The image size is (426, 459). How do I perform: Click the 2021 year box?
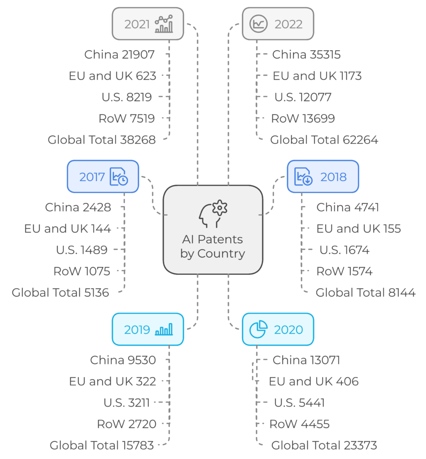[148, 24]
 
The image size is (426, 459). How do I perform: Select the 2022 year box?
[278, 24]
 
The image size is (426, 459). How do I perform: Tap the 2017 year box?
[103, 177]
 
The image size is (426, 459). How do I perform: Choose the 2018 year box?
[323, 177]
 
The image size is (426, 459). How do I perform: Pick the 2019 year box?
[148, 329]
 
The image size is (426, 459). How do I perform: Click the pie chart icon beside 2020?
[258, 329]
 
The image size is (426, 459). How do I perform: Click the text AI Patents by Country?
[213, 247]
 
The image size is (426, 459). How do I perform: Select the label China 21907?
[119, 54]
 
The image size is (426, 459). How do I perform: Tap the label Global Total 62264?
[324, 140]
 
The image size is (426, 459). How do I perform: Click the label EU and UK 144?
[68, 229]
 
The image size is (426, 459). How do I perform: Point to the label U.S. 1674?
[344, 250]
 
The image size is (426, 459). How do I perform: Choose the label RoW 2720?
[127, 424]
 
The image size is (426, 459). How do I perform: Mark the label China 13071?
[306, 360]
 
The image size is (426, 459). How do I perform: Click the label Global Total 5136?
[60, 293]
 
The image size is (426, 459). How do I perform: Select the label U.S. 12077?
[303, 97]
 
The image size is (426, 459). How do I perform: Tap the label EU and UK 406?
[314, 381]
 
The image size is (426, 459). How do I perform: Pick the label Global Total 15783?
[102, 445]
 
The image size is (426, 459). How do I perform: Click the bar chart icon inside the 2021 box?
[164, 24]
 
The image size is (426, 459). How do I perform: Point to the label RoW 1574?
[344, 271]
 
